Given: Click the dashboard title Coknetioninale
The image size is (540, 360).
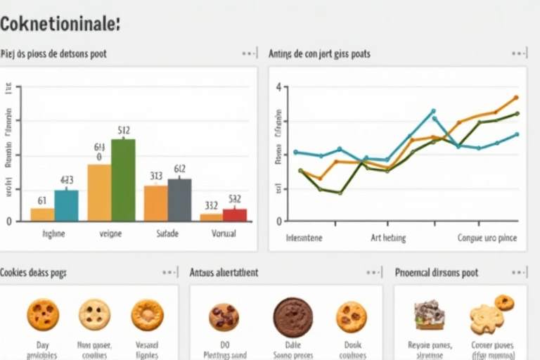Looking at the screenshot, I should tap(60, 23).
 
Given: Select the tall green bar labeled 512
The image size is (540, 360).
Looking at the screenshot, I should tap(123, 180).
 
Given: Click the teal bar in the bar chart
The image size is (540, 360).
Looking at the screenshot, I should tap(67, 205).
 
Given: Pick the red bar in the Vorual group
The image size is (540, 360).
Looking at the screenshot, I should tap(235, 214).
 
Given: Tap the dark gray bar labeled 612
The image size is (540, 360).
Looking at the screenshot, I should tap(179, 200).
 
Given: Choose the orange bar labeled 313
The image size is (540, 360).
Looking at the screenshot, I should tap(155, 203).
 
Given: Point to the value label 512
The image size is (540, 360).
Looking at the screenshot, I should tap(123, 130).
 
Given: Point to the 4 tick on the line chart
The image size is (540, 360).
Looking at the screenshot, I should tap(278, 87).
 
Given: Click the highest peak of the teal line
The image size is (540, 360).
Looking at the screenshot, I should tap(433, 110).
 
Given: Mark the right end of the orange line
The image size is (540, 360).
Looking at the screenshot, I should tap(516, 98).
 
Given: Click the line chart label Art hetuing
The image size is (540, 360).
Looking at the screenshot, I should tap(388, 238).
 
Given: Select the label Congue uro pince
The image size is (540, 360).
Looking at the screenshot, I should tap(487, 238).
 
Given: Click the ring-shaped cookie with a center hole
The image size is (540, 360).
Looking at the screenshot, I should tap(147, 314).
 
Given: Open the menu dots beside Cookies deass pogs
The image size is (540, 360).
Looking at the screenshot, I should tap(169, 272).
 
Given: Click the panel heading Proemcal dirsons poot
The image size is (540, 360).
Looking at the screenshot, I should tap(437, 272).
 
